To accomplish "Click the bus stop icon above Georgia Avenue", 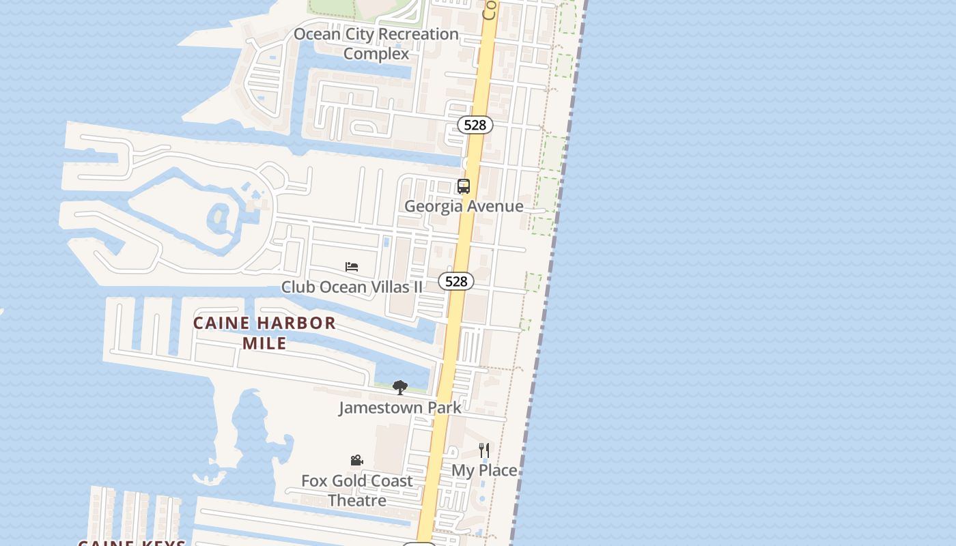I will (464, 186).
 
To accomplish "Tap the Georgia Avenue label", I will (464, 206).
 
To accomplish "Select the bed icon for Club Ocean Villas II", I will (352, 267).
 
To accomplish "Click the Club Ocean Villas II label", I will (352, 287).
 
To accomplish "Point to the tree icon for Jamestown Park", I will (400, 388).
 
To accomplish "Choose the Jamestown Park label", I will (400, 407).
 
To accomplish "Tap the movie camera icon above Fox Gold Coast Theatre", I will (356, 461).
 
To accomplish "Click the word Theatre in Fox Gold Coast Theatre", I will (357, 500).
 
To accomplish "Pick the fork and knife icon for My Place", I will (484, 450).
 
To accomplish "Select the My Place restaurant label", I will (484, 470).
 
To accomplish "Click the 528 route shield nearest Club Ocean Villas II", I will (456, 281).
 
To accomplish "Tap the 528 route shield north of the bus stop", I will (475, 125).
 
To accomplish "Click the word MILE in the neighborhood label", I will (264, 343).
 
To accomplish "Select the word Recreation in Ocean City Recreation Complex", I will (417, 34).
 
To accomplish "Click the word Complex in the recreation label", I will (376, 53).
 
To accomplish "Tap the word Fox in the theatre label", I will (314, 481).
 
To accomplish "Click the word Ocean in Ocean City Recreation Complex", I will (317, 34).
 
